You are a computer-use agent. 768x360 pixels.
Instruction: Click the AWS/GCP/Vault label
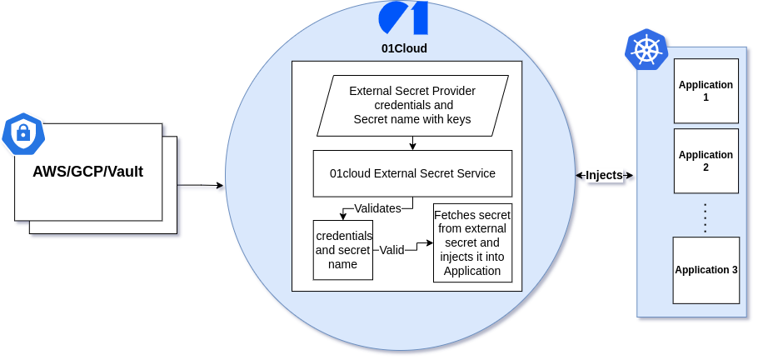pyautogui.click(x=87, y=172)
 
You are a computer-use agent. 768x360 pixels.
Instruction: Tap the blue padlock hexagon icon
pyautogui.click(x=23, y=133)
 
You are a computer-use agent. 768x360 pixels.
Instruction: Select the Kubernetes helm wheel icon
pyautogui.click(x=646, y=50)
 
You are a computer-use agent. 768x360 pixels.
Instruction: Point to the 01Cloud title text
pyautogui.click(x=404, y=48)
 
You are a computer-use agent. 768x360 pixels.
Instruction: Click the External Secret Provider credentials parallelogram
pyautogui.click(x=412, y=106)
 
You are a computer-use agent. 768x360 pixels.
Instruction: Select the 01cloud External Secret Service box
pyautogui.click(x=412, y=173)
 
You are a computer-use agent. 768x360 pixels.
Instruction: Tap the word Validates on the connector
pyautogui.click(x=377, y=208)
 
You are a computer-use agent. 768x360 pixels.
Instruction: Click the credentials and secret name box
pyautogui.click(x=342, y=250)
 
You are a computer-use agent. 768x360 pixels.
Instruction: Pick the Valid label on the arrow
pyautogui.click(x=391, y=250)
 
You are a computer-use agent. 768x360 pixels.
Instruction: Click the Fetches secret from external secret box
pyautogui.click(x=472, y=242)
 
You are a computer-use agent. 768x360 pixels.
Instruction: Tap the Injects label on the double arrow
pyautogui.click(x=604, y=175)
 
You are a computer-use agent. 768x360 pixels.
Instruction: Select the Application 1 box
pyautogui.click(x=706, y=91)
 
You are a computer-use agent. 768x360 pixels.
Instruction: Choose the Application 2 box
pyautogui.click(x=706, y=161)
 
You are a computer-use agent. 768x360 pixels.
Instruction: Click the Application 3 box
pyautogui.click(x=706, y=270)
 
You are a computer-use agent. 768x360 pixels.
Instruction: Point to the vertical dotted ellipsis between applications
pyautogui.click(x=706, y=218)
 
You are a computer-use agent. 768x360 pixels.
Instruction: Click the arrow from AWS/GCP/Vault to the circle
pyautogui.click(x=200, y=185)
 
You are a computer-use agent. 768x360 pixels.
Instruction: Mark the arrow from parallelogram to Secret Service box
pyautogui.click(x=412, y=143)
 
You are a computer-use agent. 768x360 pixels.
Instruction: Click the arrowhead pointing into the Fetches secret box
pyautogui.click(x=430, y=242)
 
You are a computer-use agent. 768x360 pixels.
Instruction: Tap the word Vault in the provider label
pyautogui.click(x=125, y=172)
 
